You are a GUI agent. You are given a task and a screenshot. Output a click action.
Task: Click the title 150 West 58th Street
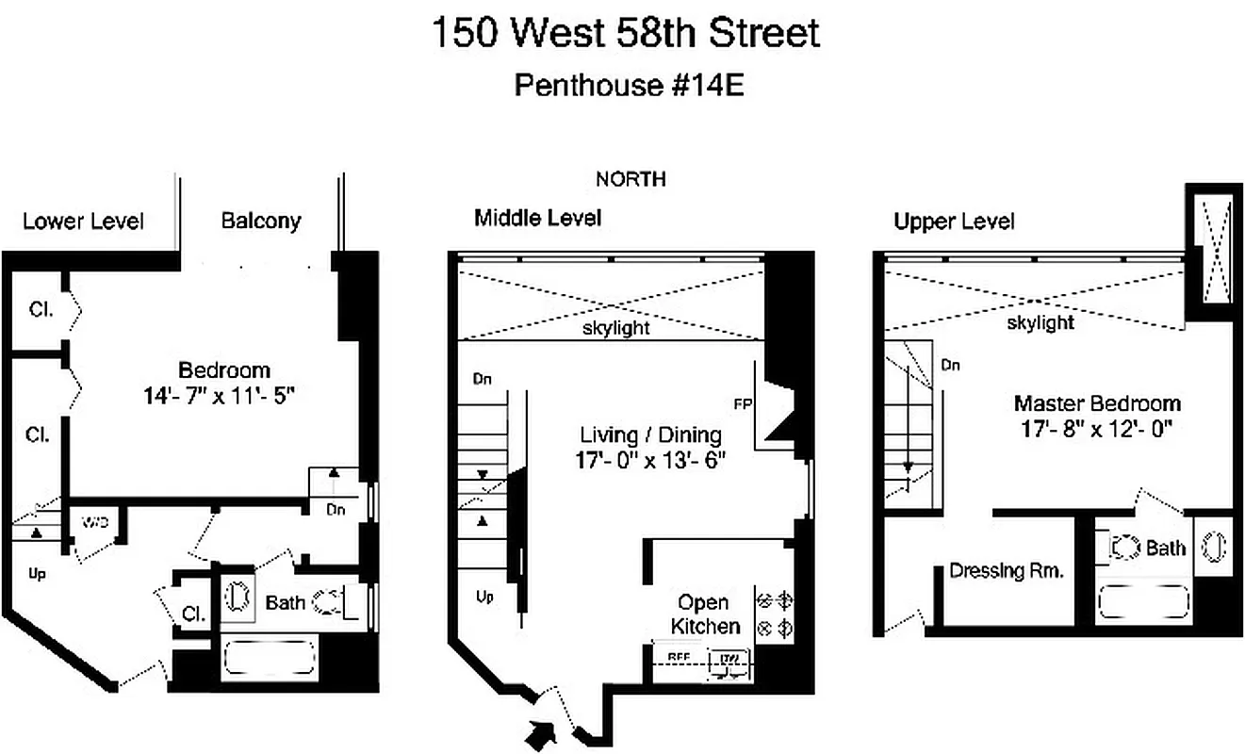625,33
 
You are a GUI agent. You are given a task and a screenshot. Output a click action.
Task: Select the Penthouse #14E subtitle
630,85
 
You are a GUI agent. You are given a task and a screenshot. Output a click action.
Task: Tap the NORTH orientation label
631,178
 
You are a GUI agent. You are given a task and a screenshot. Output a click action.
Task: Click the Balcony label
261,221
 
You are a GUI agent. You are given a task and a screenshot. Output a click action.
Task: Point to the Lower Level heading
84,221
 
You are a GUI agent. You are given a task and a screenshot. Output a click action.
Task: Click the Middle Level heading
537,219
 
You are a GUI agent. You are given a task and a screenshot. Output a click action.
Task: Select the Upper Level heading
955,221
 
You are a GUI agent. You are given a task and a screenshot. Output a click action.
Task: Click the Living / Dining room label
651,434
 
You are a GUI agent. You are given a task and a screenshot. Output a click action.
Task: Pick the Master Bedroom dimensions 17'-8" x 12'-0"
1096,429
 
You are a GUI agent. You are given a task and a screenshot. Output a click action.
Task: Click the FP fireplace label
742,404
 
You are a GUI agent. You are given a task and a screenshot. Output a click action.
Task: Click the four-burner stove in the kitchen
774,614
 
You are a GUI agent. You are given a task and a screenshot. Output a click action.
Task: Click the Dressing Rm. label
1007,571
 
